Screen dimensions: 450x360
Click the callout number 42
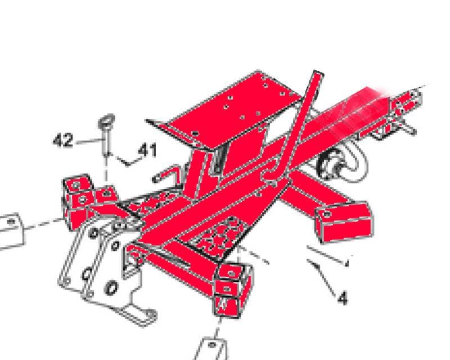pyautogui.click(x=63, y=141)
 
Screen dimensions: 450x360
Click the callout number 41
pyautogui.click(x=147, y=150)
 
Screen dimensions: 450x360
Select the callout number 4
pyautogui.click(x=343, y=298)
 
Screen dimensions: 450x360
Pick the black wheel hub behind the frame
pyautogui.click(x=330, y=166)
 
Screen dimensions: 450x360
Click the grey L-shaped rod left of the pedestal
pyautogui.click(x=168, y=174)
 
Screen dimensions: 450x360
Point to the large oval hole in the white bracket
pyautogui.click(x=111, y=287)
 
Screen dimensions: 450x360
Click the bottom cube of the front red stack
pyautogui.click(x=227, y=307)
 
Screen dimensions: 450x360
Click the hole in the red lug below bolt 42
pyautogui.click(x=107, y=193)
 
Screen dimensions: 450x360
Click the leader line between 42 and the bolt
pyautogui.click(x=89, y=141)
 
